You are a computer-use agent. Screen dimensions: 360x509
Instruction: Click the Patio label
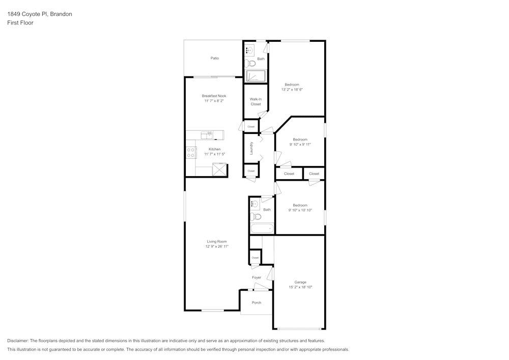(215, 58)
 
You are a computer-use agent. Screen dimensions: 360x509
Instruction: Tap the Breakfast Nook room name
(214, 96)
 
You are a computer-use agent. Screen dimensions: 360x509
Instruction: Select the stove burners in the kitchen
(191, 152)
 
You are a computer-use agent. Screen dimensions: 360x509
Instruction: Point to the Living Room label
(216, 241)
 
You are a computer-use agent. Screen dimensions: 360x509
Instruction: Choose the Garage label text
(300, 282)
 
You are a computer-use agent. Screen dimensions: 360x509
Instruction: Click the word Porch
(257, 302)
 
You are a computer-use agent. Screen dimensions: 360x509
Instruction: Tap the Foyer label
(257, 278)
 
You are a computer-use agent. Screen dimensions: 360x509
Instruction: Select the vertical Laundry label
(251, 148)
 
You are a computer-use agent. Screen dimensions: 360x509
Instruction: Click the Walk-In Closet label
(256, 101)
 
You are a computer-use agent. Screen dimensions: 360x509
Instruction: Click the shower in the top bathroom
(256, 76)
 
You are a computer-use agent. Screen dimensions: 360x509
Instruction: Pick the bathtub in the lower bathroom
(262, 229)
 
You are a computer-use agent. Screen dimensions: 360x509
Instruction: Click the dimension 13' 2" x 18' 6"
(292, 90)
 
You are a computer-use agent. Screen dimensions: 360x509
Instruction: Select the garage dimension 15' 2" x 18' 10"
(300, 287)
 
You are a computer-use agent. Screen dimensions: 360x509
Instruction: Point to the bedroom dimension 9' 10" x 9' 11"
(300, 144)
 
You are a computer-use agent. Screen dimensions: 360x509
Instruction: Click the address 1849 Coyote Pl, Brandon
(40, 14)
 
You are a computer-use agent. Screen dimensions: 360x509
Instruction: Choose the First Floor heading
(20, 23)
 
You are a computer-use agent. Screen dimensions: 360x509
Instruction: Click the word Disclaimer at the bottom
(18, 341)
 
